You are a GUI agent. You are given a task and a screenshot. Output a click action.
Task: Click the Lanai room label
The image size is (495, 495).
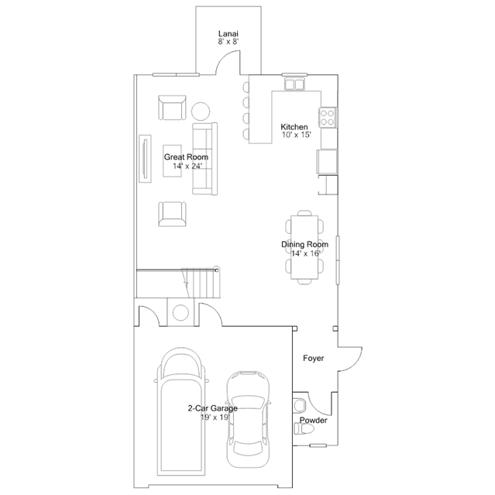point(229,33)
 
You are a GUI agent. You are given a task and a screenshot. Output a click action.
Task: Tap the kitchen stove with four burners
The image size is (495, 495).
point(327,117)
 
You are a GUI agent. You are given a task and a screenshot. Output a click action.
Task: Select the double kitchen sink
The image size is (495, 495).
point(294,84)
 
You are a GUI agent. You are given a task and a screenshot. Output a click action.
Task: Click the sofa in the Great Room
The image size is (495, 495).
point(205,159)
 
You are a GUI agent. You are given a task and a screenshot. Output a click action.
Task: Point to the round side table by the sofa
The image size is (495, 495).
point(201,111)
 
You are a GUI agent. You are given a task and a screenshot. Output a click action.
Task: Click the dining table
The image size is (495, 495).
point(304,247)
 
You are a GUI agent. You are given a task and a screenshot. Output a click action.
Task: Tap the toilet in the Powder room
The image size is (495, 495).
point(304,428)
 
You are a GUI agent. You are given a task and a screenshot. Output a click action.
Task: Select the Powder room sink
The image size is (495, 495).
point(299,406)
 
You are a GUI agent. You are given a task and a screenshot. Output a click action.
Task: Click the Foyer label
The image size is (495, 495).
point(314,359)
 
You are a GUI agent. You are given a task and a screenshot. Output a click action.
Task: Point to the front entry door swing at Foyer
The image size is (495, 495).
point(355,363)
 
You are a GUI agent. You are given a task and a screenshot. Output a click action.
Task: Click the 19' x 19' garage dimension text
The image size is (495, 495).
point(215,418)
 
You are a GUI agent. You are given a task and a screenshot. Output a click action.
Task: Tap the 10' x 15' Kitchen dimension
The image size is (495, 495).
point(297,135)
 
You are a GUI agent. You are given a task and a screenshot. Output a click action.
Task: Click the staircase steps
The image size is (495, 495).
point(201,283)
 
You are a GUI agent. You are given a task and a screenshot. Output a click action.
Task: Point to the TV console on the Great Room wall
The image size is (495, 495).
point(145,159)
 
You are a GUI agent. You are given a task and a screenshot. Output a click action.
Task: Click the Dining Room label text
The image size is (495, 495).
point(304,244)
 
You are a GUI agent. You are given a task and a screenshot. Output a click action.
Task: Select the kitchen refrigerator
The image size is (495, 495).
point(327,161)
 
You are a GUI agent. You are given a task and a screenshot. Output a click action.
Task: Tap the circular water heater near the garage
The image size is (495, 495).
point(181,312)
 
